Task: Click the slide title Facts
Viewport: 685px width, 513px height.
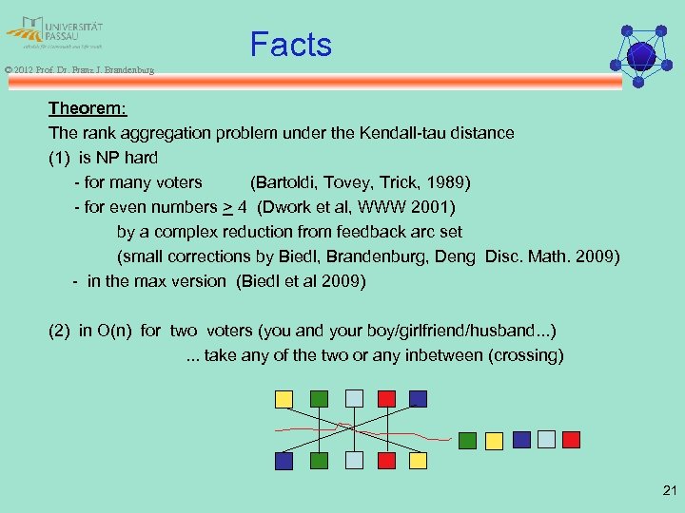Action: pos(290,45)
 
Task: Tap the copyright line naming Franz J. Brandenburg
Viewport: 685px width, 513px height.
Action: pos(79,69)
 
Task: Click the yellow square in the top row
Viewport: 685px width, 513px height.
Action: pos(284,399)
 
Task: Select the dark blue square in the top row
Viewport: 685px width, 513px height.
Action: pos(418,399)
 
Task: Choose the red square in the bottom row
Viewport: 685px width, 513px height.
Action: pos(387,460)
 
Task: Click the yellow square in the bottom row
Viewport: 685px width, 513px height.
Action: pos(419,460)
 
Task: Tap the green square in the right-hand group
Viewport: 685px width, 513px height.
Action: pos(468,440)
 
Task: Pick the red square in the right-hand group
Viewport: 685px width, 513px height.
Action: pos(571,439)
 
